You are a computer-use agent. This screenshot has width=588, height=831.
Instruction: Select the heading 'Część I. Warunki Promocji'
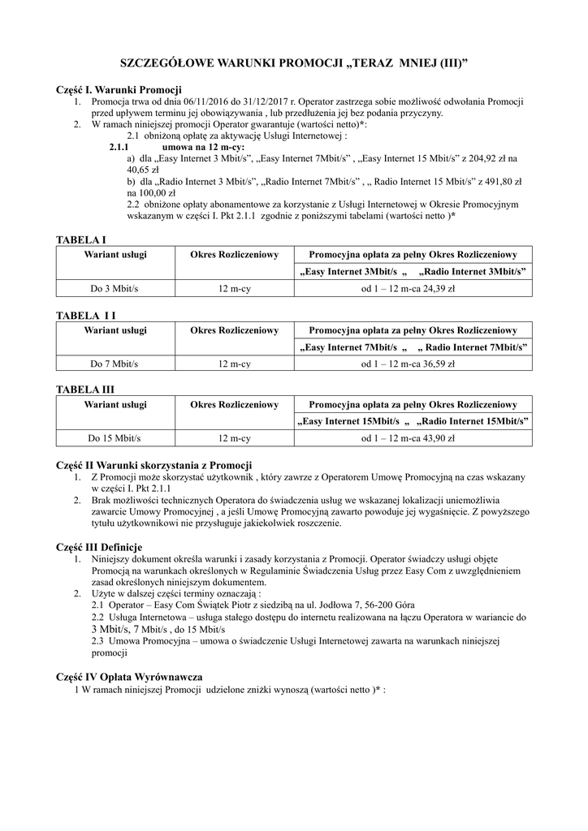pyautogui.click(x=119, y=89)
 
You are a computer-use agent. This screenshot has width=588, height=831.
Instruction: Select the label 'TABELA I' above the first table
pyautogui.click(x=80, y=239)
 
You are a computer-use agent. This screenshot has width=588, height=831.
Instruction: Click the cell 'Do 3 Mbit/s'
pyautogui.click(x=115, y=288)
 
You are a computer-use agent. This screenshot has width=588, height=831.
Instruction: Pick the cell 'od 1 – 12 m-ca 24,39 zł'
pyautogui.click(x=408, y=288)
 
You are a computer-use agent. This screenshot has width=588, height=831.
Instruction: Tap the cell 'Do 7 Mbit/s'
pyautogui.click(x=115, y=363)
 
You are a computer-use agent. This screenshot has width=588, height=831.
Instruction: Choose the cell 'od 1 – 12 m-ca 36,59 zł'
pyautogui.click(x=408, y=363)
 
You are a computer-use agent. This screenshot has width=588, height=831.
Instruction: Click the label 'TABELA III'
pyautogui.click(x=84, y=390)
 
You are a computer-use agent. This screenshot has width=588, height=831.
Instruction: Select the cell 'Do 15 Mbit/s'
pyautogui.click(x=115, y=437)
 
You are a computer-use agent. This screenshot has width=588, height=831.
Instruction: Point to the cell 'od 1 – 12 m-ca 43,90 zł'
pyautogui.click(x=408, y=437)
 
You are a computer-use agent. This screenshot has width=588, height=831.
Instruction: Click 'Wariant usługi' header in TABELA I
pyautogui.click(x=115, y=255)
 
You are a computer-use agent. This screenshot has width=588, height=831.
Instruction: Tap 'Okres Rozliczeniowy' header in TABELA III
pyautogui.click(x=234, y=404)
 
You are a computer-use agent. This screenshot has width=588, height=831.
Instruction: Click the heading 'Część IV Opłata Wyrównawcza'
pyautogui.click(x=129, y=676)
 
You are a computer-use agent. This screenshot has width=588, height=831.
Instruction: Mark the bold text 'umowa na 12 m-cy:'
pyautogui.click(x=203, y=147)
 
